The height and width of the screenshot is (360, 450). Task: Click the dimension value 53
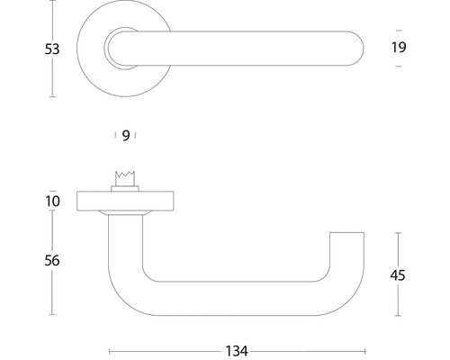click(x=52, y=49)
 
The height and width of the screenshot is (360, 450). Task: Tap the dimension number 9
click(x=126, y=135)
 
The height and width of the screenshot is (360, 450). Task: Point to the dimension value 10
click(x=52, y=201)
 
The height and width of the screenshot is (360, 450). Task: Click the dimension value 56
click(x=52, y=260)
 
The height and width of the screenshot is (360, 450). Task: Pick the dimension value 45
click(x=398, y=274)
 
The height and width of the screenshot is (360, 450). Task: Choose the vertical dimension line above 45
click(x=398, y=247)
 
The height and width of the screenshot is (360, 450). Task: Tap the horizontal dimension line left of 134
click(x=162, y=350)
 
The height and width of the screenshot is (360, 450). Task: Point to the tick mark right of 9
click(x=135, y=135)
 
